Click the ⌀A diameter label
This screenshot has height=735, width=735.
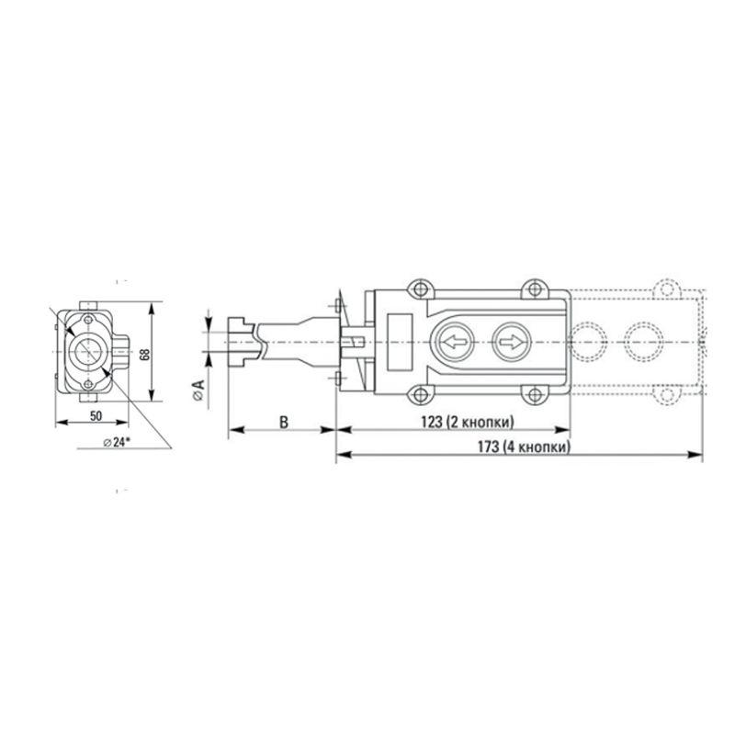click(198, 390)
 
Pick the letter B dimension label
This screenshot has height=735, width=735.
click(283, 422)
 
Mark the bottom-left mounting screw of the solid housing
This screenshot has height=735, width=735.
click(419, 396)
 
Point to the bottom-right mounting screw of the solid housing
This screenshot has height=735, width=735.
click(533, 396)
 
